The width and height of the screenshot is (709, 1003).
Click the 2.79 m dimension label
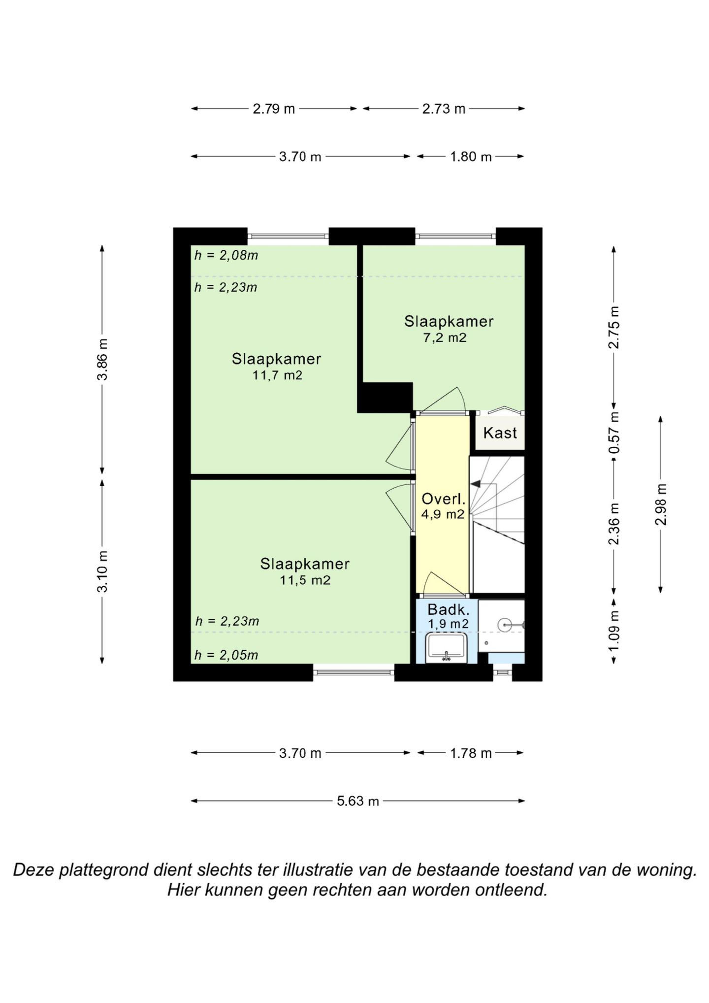coord(274,109)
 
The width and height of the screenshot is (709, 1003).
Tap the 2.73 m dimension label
coord(444,109)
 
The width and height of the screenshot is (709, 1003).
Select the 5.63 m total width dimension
coord(358,801)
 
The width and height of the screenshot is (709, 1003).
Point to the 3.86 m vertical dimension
coord(102,359)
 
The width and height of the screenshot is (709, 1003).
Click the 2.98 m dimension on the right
coord(661,504)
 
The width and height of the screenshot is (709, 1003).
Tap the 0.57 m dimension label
coord(614,434)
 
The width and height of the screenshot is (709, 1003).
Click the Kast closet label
coord(500,433)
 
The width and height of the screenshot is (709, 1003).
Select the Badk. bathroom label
coord(448,610)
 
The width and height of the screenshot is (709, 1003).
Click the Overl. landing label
coord(443,499)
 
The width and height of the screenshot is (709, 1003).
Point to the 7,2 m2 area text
coord(445,338)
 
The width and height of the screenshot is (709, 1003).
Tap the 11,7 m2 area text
coord(277,375)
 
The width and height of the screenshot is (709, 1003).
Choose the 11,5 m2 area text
coord(305,580)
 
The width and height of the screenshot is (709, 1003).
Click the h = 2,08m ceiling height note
coord(226,256)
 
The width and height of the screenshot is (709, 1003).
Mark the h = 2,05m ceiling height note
coord(226,655)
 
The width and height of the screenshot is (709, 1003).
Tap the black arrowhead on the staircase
coord(476,484)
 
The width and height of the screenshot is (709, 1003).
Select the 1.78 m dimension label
coord(471,753)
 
